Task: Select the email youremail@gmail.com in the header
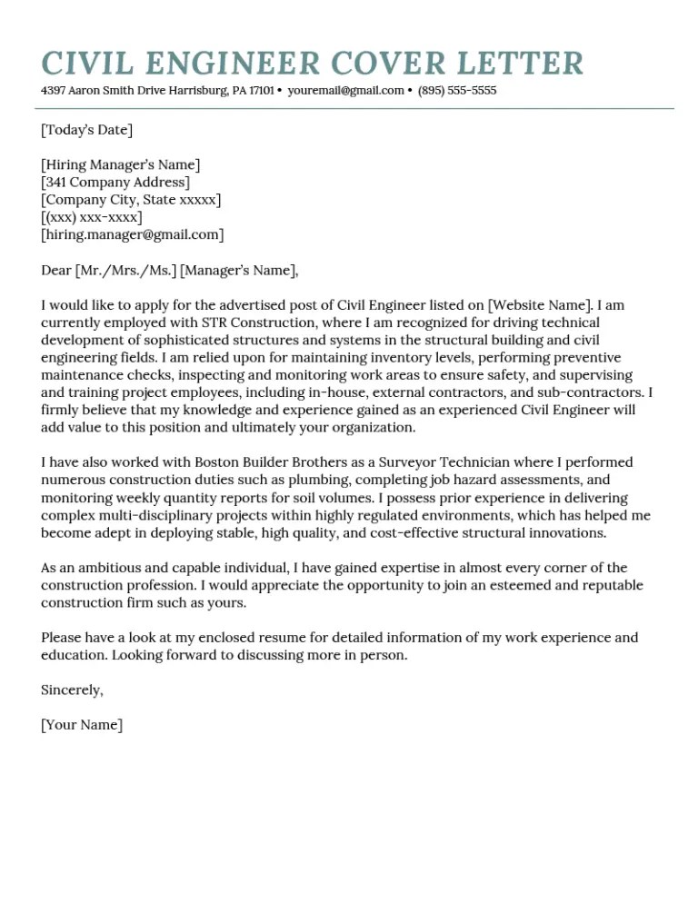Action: [345, 91]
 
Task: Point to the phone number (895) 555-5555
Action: [457, 91]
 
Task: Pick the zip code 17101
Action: [262, 91]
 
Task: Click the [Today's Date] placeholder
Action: [86, 130]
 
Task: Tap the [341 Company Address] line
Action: [115, 182]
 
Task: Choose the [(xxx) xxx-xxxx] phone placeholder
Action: [91, 217]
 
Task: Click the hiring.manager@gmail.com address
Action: [133, 234]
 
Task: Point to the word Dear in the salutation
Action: [56, 270]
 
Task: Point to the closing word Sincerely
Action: [72, 690]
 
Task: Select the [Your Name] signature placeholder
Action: [81, 725]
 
